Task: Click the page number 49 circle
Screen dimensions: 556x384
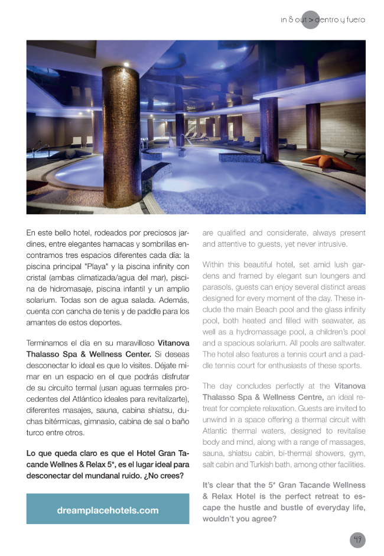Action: coord(357,539)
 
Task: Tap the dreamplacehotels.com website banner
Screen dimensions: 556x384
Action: coord(108,510)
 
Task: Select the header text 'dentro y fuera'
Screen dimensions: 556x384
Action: coord(340,20)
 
